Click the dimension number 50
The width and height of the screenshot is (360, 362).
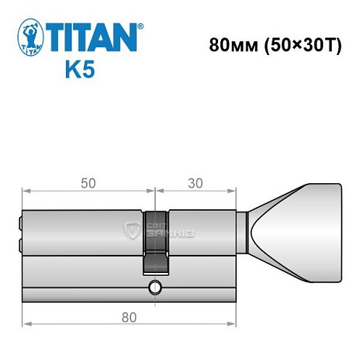point(88,184)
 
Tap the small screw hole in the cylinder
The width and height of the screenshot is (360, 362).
point(153,290)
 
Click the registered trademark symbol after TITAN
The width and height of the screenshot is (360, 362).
point(141,27)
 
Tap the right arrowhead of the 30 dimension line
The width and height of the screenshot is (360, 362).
point(235,191)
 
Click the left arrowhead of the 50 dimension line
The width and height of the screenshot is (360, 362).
point(25,191)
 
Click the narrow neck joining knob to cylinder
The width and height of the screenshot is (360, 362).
point(244,232)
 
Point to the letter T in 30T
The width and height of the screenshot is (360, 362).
point(332,44)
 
